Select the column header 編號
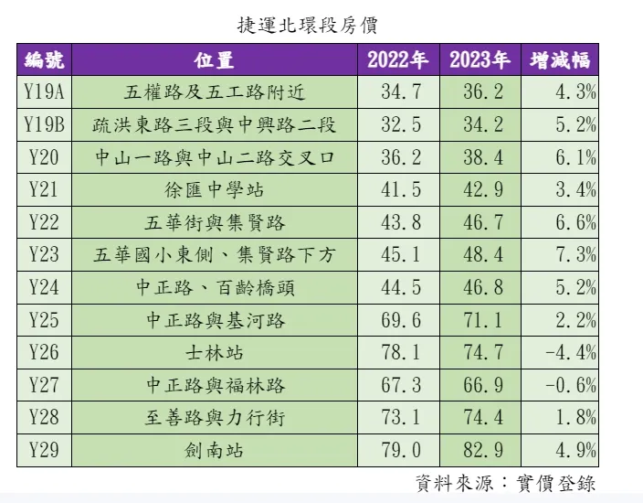[44, 60]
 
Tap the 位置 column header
[215, 60]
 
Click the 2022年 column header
[397, 60]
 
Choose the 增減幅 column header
[561, 60]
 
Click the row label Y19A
[44, 91]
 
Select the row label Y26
[44, 352]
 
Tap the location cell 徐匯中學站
[215, 189]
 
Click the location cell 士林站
[215, 352]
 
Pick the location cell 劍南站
[215, 450]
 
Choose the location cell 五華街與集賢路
[215, 222]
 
